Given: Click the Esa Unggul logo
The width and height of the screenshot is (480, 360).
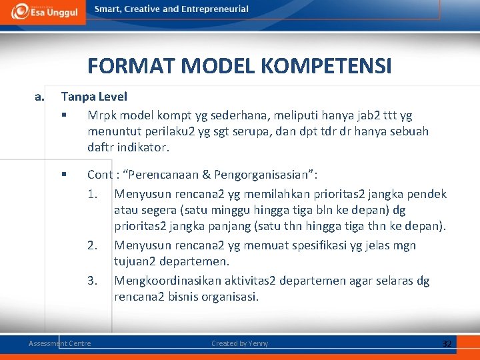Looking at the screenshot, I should pyautogui.click(x=43, y=11).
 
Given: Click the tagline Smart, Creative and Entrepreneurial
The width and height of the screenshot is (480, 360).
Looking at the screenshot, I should pyautogui.click(x=171, y=9).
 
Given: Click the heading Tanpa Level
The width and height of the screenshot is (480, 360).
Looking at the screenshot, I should pyautogui.click(x=93, y=97).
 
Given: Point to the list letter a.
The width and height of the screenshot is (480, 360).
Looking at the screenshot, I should pyautogui.click(x=39, y=97).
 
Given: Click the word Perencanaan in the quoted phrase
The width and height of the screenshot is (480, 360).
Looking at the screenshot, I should pyautogui.click(x=163, y=175).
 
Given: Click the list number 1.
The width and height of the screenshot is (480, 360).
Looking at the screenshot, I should pyautogui.click(x=93, y=194).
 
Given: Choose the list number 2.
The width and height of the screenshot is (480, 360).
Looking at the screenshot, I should pyautogui.click(x=93, y=245).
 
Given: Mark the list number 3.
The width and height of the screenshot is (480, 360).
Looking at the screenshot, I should pyautogui.click(x=93, y=281).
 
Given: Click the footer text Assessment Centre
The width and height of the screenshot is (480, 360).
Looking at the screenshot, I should pyautogui.click(x=60, y=343).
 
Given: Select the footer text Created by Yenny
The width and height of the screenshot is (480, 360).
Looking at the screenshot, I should pyautogui.click(x=239, y=343).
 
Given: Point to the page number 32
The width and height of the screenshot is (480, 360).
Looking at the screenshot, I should pyautogui.click(x=447, y=343).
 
